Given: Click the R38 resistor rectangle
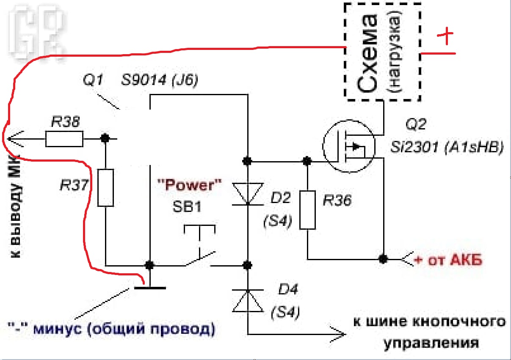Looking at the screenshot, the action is pos(64,139).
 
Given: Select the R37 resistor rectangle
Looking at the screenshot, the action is pos(105,188).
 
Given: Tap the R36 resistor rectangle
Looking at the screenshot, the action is pos(307,210).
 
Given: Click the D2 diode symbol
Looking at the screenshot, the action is pos(248,194).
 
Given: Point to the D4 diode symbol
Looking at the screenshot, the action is pos(248,301).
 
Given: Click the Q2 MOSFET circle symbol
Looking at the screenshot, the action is pos(349,146).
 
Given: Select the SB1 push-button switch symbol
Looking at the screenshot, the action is pos(200,246).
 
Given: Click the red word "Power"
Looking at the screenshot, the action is pos(190,185).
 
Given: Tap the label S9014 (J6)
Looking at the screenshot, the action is pos(160,80).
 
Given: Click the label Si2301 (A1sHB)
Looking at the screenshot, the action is pos(447,147).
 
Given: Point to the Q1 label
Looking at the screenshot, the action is pos(93,80).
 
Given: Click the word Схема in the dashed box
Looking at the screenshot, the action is pos(367,54).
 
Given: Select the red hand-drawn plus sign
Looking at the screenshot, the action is pos(445,36).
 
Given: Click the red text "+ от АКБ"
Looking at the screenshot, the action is pos(448,260).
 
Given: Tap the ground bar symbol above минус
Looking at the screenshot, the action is pos(150,288).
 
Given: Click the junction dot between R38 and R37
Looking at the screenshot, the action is pos(105,138).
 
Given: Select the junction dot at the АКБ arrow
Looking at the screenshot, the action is pos(383,259).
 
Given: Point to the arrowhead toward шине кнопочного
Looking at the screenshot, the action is pos(338,335).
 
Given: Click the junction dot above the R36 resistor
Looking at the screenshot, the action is pos(307,161).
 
